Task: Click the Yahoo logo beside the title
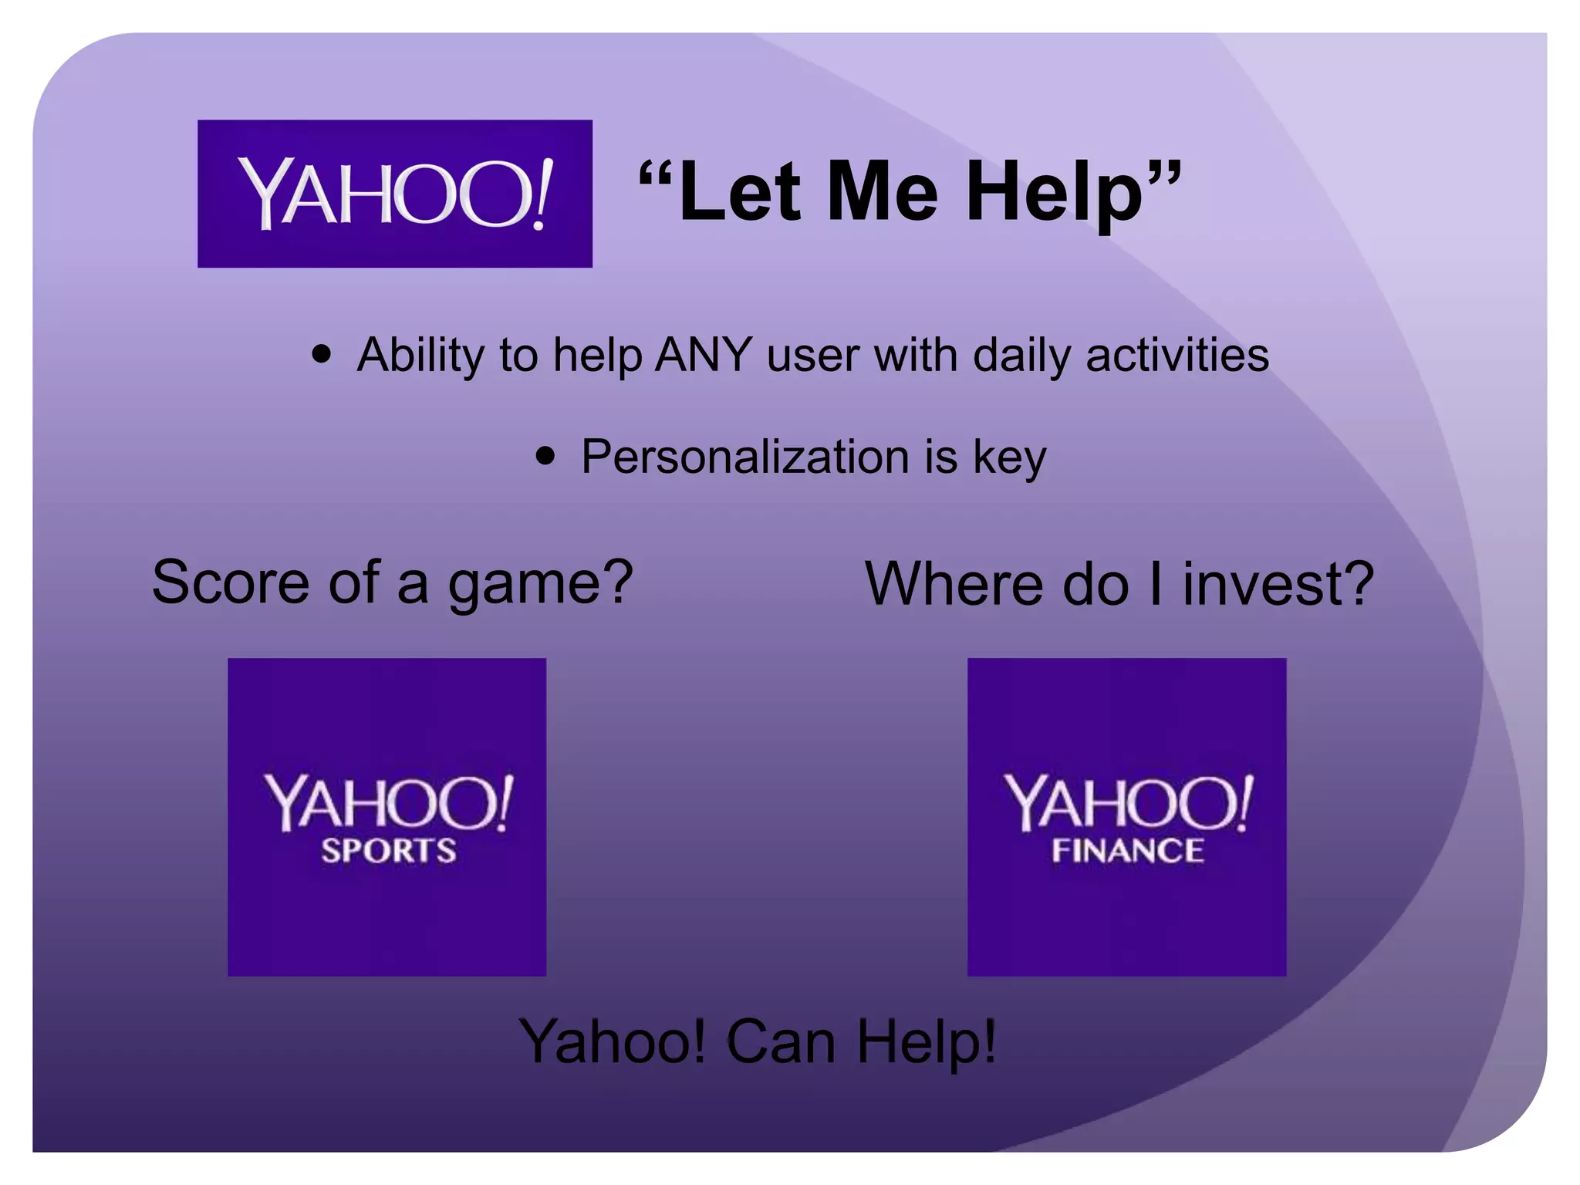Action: click(394, 194)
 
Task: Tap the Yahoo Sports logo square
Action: click(387, 817)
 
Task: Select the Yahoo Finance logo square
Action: click(1126, 817)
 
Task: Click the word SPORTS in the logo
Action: click(389, 851)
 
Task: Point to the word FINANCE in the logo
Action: click(1127, 851)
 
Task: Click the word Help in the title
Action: click(1054, 193)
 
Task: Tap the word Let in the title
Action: click(741, 193)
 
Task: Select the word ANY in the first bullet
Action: click(703, 356)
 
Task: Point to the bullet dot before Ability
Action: click(322, 355)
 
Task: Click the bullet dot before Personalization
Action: click(545, 456)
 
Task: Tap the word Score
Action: click(230, 582)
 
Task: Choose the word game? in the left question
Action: click(541, 584)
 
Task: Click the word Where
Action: click(954, 584)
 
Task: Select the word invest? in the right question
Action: click(1278, 584)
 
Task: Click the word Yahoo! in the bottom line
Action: click(613, 1042)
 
